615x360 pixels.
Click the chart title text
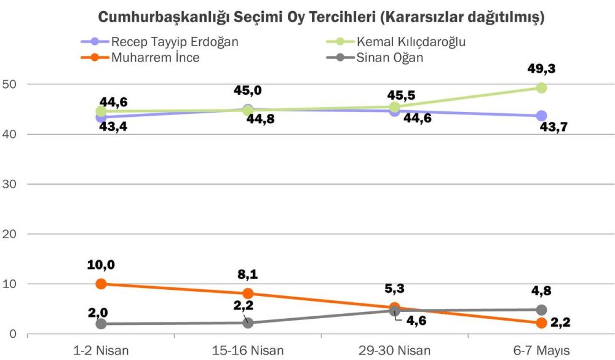(x=321, y=17)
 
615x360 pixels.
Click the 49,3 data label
(x=542, y=69)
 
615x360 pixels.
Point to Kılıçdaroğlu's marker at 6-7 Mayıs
(x=542, y=88)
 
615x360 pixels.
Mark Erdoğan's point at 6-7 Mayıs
(x=542, y=116)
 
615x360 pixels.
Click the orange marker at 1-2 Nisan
(x=101, y=284)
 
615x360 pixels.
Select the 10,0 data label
(x=101, y=265)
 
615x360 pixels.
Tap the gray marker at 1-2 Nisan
(x=101, y=324)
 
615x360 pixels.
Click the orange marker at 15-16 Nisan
(x=248, y=294)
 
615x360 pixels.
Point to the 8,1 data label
(x=248, y=275)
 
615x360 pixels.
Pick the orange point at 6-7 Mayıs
(x=542, y=323)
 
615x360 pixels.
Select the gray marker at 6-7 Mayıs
(x=542, y=310)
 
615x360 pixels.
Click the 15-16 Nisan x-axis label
(x=248, y=350)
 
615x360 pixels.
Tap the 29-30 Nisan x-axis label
(x=395, y=350)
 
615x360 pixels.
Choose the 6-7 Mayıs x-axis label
(x=542, y=350)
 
